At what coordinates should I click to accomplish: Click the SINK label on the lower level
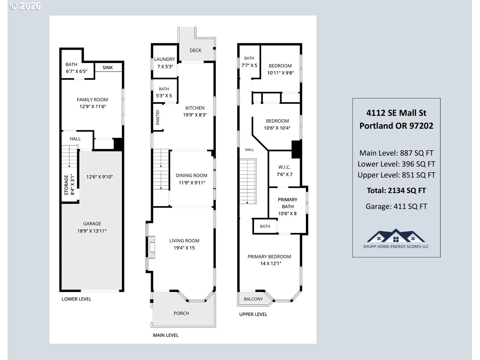pyautogui.click(x=108, y=67)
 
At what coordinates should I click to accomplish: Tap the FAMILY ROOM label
pyautogui.click(x=92, y=100)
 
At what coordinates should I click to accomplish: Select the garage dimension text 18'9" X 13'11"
pyautogui.click(x=92, y=231)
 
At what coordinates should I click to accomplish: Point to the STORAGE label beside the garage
pyautogui.click(x=66, y=185)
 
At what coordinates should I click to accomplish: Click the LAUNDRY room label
pyautogui.click(x=165, y=59)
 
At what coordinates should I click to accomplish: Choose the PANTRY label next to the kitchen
pyautogui.click(x=158, y=117)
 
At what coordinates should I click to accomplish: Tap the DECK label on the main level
pyautogui.click(x=195, y=50)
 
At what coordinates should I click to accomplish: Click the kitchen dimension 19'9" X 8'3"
pyautogui.click(x=195, y=115)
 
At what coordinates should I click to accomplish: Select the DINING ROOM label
pyautogui.click(x=192, y=176)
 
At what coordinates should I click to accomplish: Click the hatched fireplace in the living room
pyautogui.click(x=151, y=247)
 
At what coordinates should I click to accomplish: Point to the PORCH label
pyautogui.click(x=181, y=313)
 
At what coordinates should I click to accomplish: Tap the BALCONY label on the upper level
pyautogui.click(x=253, y=299)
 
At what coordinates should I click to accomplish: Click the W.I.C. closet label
pyautogui.click(x=284, y=167)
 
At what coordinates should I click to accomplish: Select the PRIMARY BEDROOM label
pyautogui.click(x=269, y=257)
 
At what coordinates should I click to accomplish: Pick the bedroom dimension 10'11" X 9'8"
pyautogui.click(x=281, y=73)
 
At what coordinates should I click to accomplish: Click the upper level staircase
pyautogui.click(x=248, y=181)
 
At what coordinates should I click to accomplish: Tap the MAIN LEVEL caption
pyautogui.click(x=166, y=335)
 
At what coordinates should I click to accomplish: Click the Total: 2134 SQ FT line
pyautogui.click(x=396, y=191)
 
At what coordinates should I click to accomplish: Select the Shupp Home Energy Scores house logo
pyautogui.click(x=396, y=239)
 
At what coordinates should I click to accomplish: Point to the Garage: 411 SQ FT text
pyautogui.click(x=396, y=206)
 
